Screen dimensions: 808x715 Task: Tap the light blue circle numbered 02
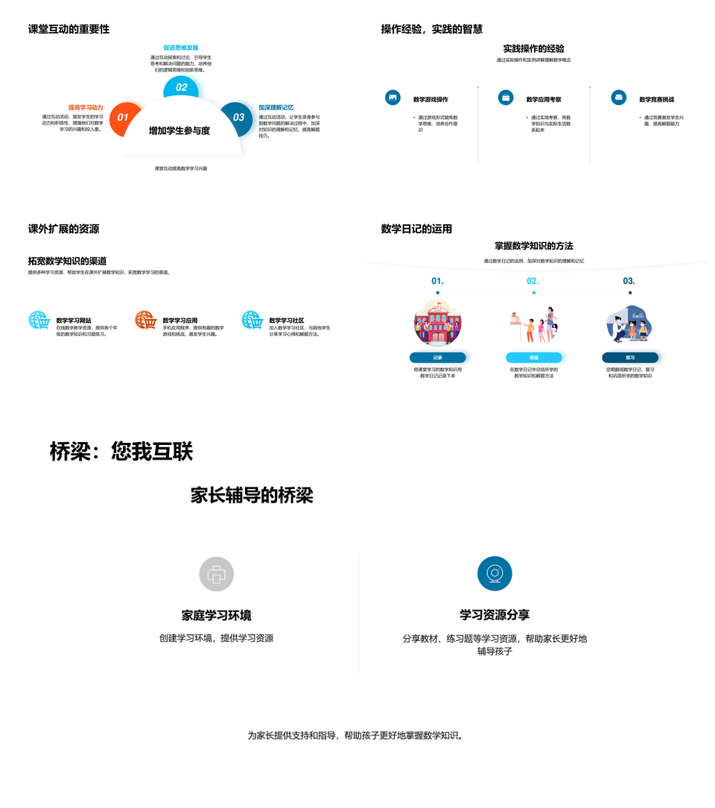click(x=181, y=87)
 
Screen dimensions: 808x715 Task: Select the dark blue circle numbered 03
click(x=238, y=118)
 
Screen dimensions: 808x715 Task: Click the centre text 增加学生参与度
click(x=179, y=130)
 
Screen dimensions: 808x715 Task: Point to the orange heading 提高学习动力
click(x=86, y=107)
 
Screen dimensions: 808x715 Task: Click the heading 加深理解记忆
click(x=276, y=107)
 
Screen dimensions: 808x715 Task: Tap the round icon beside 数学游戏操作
click(x=393, y=98)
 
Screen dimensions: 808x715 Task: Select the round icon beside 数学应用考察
click(x=506, y=98)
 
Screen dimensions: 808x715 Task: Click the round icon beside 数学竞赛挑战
click(x=618, y=98)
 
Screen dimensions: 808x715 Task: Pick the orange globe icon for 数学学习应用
click(x=145, y=321)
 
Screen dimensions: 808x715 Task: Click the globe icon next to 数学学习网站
click(x=39, y=321)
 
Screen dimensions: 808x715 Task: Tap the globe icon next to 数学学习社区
click(x=252, y=321)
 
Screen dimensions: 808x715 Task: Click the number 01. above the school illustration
click(x=437, y=281)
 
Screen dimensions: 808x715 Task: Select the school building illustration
click(x=437, y=322)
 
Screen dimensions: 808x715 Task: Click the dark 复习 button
click(x=630, y=358)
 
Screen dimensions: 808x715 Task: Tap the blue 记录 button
click(x=437, y=358)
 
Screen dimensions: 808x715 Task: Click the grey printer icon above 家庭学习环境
click(x=217, y=574)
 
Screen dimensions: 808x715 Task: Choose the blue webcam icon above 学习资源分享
click(x=495, y=574)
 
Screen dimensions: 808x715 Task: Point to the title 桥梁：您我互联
click(x=121, y=452)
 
